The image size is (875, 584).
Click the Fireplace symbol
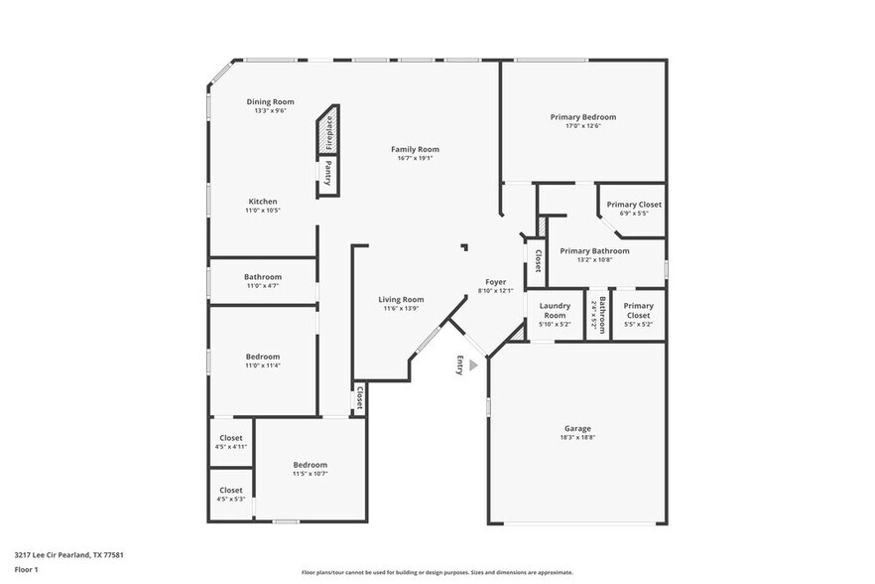pyautogui.click(x=328, y=132)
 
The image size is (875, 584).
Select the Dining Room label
pyautogui.click(x=271, y=101)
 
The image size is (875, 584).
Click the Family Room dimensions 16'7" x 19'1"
pyautogui.click(x=415, y=159)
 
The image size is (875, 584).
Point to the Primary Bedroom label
pyautogui.click(x=582, y=117)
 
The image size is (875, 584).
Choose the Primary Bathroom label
pyautogui.click(x=594, y=251)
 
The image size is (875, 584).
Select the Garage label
pyautogui.click(x=578, y=428)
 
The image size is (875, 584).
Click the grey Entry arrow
pyautogui.click(x=474, y=365)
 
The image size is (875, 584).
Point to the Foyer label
pyautogui.click(x=495, y=282)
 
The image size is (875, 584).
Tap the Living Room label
pyautogui.click(x=401, y=299)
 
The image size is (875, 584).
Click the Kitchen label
pyautogui.click(x=263, y=202)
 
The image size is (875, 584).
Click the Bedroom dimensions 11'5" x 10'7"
pyautogui.click(x=310, y=474)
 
